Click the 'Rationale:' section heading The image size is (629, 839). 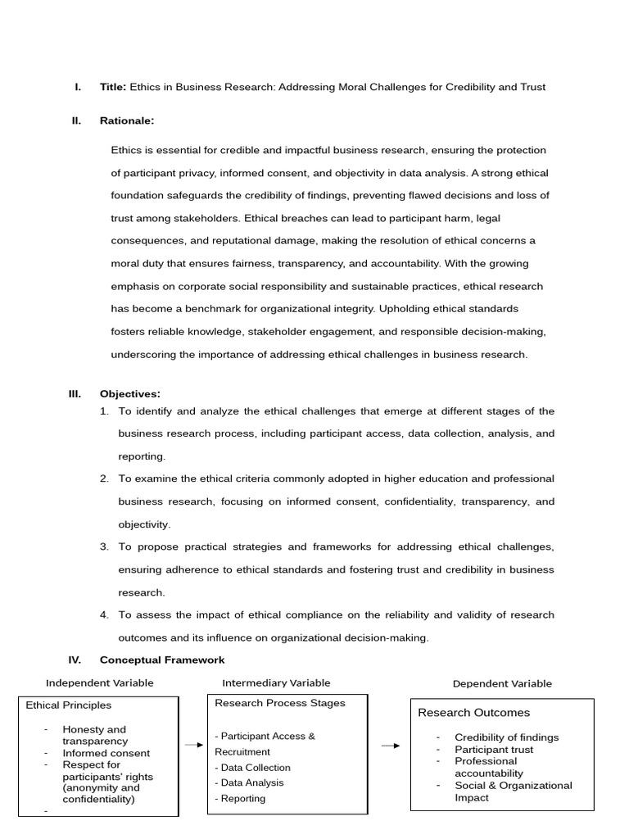126,120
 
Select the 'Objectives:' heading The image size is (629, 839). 129,393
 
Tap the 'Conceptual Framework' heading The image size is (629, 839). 161,660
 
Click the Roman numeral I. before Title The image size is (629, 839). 77,87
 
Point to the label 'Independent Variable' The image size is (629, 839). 99,683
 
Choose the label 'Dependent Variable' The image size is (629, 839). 502,683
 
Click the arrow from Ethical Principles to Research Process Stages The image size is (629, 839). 193,745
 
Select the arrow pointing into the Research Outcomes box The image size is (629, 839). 391,746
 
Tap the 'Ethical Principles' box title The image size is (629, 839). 69,705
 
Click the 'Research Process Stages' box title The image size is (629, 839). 279,703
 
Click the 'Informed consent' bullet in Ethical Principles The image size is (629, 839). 106,753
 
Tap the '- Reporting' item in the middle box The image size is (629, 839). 240,798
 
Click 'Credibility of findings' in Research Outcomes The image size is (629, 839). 506,737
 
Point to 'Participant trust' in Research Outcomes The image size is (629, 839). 493,750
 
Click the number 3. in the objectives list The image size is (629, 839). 104,546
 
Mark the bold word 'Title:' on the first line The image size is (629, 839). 113,87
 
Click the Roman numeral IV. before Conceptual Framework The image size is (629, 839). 75,660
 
